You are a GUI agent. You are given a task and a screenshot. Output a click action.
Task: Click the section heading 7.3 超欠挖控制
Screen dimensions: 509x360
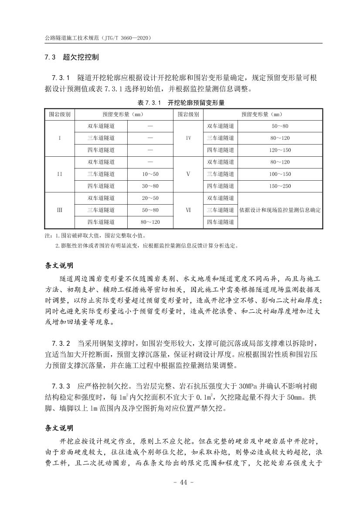click(72, 57)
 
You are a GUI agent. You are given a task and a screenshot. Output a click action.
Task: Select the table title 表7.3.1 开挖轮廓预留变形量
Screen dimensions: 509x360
click(180, 103)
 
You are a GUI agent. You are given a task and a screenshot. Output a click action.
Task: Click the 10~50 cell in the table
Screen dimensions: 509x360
click(150, 174)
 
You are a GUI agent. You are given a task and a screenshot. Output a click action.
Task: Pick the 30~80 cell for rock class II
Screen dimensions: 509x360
click(150, 186)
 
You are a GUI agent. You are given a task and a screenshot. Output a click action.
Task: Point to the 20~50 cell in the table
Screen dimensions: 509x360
click(150, 198)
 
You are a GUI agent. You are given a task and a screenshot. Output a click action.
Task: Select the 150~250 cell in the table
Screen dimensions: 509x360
click(280, 186)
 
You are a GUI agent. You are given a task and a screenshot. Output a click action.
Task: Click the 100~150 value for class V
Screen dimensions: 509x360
click(280, 174)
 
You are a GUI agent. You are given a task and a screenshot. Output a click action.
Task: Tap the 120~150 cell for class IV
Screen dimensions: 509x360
click(280, 150)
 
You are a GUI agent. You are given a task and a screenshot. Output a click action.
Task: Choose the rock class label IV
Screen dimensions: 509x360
click(188, 138)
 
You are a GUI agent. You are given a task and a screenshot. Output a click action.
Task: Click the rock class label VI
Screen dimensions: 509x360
click(188, 210)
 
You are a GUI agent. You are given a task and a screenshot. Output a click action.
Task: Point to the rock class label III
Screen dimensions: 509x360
click(59, 210)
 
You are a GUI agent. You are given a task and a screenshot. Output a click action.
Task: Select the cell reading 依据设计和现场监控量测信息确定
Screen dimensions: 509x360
click(280, 210)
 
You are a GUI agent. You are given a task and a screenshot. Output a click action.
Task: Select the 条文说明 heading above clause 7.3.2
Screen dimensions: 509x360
click(60, 265)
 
